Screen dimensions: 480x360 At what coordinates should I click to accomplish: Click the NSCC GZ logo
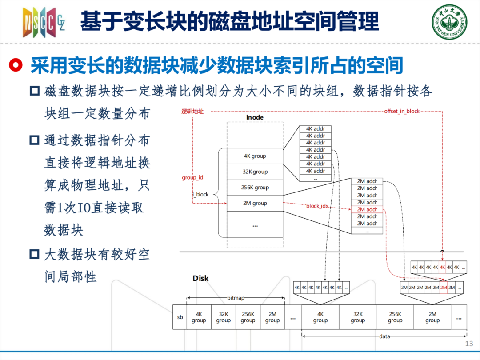(x=44, y=22)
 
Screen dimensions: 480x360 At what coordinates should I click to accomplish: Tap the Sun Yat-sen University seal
(x=449, y=22)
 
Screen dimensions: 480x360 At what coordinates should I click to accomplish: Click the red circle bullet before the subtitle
(x=16, y=65)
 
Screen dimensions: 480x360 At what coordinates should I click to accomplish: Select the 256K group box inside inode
(x=255, y=188)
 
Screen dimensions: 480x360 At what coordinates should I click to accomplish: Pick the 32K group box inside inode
(x=255, y=172)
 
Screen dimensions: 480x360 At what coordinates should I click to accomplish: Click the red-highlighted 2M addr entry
(x=367, y=209)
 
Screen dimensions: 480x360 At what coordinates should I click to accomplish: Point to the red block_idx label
(x=317, y=206)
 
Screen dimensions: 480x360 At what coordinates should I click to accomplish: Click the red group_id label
(x=192, y=177)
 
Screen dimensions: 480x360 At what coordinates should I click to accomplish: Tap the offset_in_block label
(x=402, y=111)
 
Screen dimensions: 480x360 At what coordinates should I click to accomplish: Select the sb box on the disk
(x=180, y=317)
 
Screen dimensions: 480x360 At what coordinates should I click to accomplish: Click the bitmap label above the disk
(x=236, y=297)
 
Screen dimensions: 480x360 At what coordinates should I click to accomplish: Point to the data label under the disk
(x=384, y=336)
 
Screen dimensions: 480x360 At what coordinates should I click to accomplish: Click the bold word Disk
(x=200, y=278)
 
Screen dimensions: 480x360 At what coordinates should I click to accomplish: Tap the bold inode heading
(x=255, y=117)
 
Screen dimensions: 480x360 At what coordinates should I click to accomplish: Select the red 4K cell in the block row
(x=442, y=267)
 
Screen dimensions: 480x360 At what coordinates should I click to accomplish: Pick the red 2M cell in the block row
(x=444, y=288)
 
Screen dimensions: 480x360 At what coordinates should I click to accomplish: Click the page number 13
(x=469, y=344)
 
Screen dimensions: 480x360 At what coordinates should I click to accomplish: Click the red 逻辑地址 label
(x=192, y=112)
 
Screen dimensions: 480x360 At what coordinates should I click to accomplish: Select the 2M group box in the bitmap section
(x=272, y=317)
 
